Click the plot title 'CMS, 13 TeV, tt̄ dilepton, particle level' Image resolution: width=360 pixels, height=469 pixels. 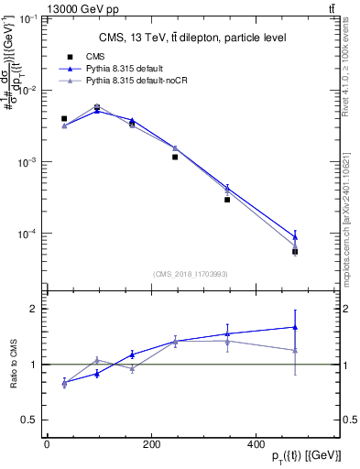[191, 38]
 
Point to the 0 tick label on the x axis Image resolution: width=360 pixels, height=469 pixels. [47, 443]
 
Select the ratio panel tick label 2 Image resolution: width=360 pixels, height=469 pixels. [33, 309]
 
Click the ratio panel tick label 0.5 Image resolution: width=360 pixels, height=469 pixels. [29, 420]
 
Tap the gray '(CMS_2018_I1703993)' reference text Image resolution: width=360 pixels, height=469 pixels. [191, 273]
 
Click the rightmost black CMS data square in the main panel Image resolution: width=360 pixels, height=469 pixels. [295, 251]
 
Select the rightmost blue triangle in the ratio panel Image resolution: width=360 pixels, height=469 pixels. [295, 326]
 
